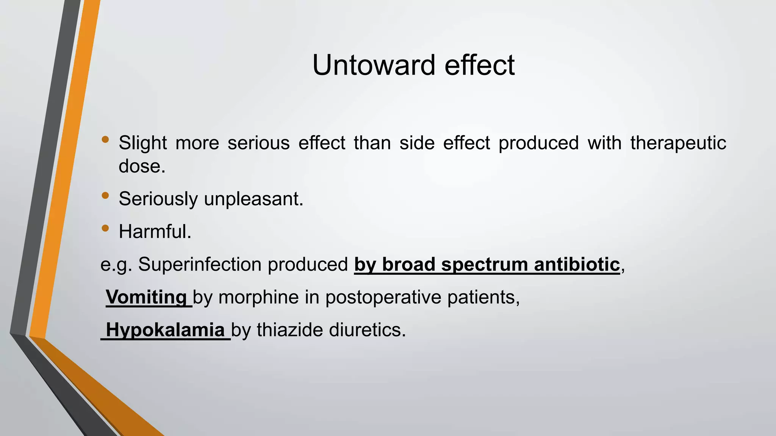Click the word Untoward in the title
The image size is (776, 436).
[x=373, y=65]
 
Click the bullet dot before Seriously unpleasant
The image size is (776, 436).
[x=105, y=196]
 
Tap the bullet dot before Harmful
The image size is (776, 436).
[x=105, y=228]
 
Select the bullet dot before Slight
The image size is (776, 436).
[x=105, y=140]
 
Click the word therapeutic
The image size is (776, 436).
[x=678, y=143]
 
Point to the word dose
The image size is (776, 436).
[x=142, y=166]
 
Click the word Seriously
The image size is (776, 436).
[x=158, y=199]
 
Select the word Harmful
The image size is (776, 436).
[x=155, y=232]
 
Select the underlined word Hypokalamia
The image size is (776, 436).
[x=165, y=330]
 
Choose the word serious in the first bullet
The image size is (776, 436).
[x=258, y=143]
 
